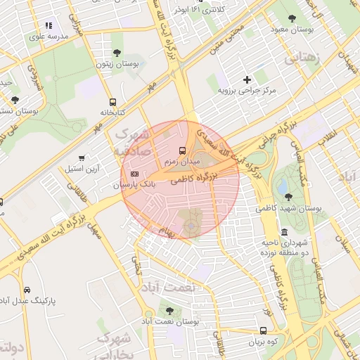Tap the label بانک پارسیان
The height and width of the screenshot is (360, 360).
tap(127, 185)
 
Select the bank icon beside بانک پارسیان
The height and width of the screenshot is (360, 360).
tap(134, 174)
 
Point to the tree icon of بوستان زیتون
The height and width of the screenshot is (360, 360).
tap(117, 53)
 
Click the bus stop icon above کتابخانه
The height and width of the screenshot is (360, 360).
tap(112, 102)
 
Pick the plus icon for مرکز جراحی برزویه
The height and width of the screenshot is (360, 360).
tap(246, 79)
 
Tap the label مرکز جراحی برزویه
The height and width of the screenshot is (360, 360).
tap(247, 91)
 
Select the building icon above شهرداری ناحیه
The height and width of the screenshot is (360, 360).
tap(284, 232)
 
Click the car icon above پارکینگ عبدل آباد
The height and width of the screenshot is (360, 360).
tap(27, 290)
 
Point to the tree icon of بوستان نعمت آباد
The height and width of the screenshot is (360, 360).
tap(169, 310)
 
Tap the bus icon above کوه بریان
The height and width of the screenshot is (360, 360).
tap(263, 330)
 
